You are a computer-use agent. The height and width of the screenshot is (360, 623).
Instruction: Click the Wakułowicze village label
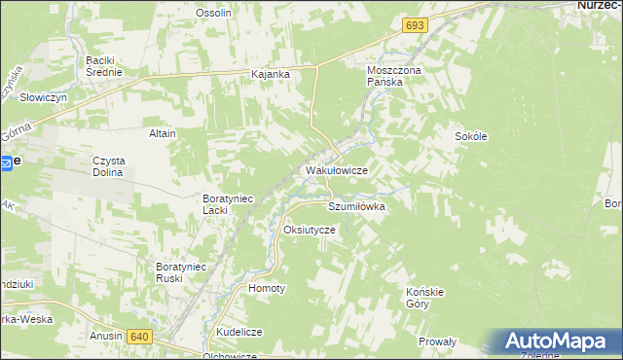point(336,170)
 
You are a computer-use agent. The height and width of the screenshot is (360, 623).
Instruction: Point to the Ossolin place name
point(213,13)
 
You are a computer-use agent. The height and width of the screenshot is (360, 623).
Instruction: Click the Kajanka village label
point(271,74)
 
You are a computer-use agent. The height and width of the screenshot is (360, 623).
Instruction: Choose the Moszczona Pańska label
point(391,77)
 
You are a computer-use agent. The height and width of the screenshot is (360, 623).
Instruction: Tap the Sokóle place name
point(470,137)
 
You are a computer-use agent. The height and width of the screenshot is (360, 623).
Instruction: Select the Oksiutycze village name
point(309,230)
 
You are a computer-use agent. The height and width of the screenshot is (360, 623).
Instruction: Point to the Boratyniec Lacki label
point(228,203)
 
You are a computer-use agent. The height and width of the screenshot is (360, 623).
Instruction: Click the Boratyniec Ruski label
point(183,271)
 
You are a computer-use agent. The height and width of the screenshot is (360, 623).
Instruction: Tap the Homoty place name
point(268,289)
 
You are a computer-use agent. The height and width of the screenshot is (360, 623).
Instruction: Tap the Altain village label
point(162,133)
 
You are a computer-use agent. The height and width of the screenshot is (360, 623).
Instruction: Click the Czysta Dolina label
point(110,166)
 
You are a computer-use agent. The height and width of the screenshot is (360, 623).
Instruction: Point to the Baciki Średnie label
point(103,66)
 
